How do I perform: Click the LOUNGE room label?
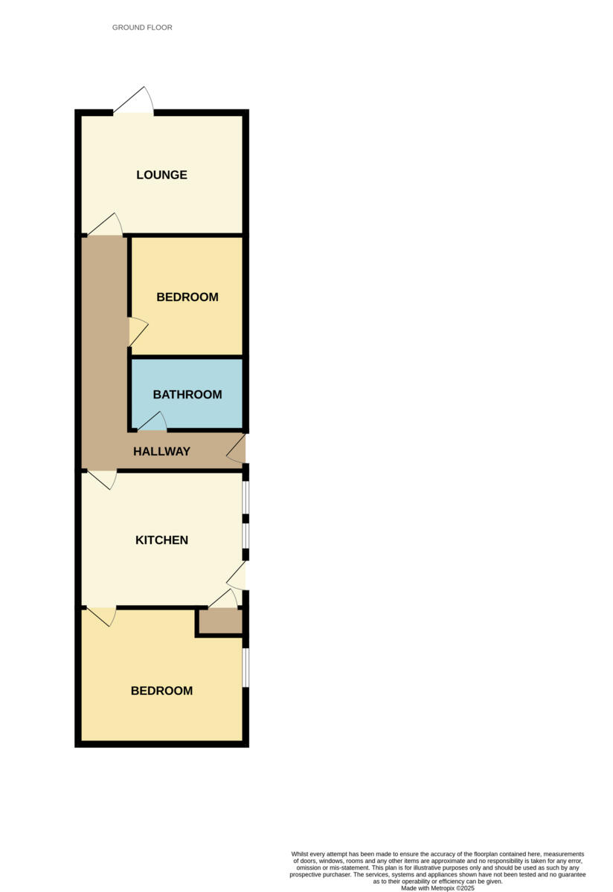coord(161,175)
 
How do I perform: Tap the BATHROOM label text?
coord(187,395)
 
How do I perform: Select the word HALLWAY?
coord(161,451)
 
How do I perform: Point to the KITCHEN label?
coord(161,540)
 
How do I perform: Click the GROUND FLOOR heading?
coord(142,28)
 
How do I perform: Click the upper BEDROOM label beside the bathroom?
coord(187,297)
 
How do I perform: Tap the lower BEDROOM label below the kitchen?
coord(161,691)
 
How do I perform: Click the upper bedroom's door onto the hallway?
coord(138,332)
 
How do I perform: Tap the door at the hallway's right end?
coord(237,450)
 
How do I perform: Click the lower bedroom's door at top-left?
coord(102,616)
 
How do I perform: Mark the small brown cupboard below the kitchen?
coord(220,621)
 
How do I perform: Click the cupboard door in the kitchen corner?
coord(223,598)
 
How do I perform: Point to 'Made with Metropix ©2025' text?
coord(437,888)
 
